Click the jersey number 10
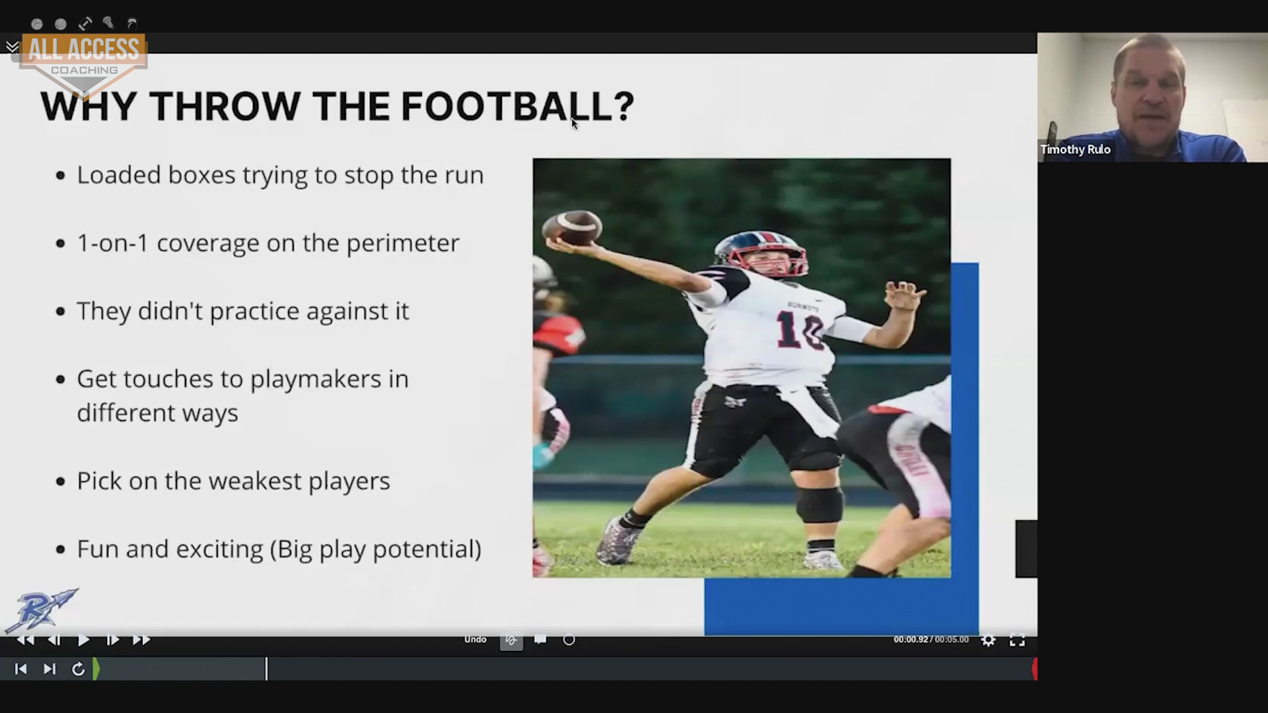coord(800,329)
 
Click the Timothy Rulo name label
coord(1075,149)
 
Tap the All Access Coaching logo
coord(84,63)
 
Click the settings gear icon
coord(988,640)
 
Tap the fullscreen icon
coord(1017,640)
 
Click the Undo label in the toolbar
coord(475,639)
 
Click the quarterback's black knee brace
coord(819,504)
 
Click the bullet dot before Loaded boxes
coord(61,176)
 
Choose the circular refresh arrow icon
coord(78,669)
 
